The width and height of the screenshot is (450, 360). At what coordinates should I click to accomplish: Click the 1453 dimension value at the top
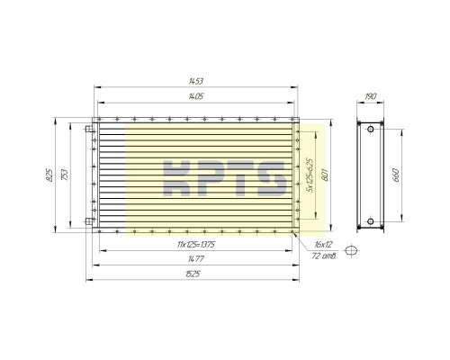tap(196, 81)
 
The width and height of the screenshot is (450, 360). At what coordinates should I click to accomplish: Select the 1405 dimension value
tap(196, 96)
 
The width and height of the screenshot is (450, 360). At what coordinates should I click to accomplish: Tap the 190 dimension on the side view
tap(371, 96)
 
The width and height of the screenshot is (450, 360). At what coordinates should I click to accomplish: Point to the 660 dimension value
tap(396, 175)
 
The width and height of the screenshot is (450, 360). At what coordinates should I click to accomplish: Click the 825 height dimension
tap(49, 175)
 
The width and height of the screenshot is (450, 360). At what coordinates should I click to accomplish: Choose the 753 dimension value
tap(65, 175)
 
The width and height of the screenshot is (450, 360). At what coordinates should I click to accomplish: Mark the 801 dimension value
tap(325, 175)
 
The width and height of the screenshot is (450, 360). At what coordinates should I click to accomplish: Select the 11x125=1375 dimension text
tap(196, 245)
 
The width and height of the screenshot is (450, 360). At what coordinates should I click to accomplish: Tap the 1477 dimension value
tap(196, 258)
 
